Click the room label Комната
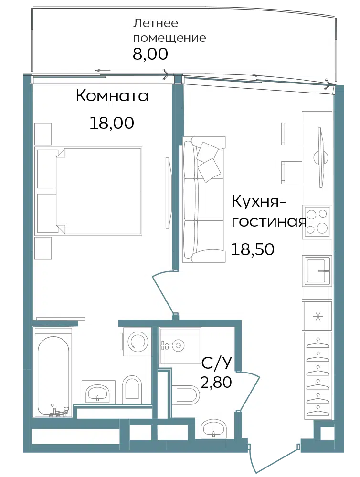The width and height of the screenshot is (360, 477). point(112,96)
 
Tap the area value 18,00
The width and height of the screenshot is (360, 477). point(112,123)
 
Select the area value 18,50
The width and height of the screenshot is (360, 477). point(253,249)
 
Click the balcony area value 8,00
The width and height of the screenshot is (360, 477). point(150,54)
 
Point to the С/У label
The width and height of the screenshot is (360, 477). point(217,363)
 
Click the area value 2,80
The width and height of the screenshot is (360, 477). point(216,382)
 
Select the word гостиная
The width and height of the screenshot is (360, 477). point(269,221)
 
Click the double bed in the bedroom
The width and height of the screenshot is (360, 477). point(89,191)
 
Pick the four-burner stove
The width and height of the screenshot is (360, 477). point(317,221)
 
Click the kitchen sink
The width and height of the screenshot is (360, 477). point(317,271)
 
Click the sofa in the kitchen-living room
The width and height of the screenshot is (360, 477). point(204,199)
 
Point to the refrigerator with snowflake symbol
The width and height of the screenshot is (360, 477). point(317,316)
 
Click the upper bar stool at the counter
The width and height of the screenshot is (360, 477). point(292,134)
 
